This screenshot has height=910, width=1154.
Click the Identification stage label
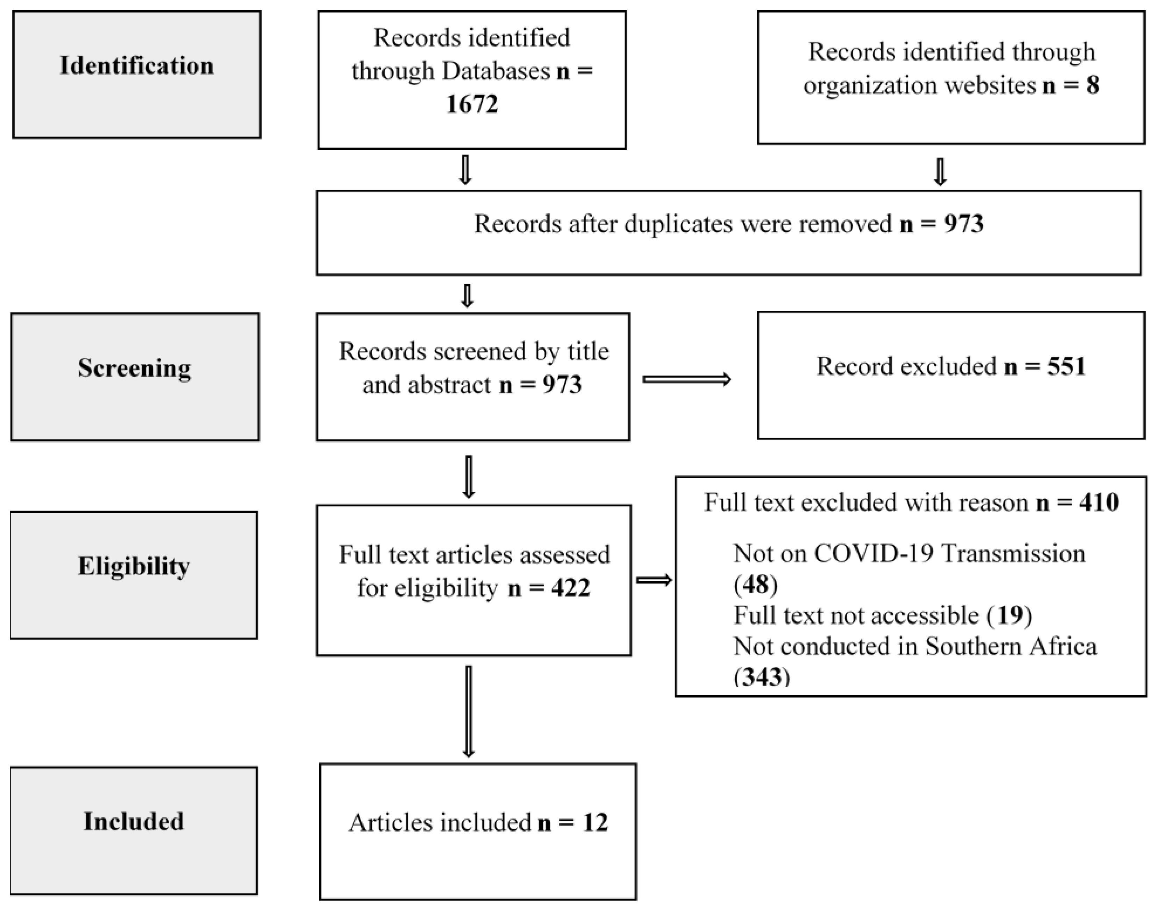[136, 65]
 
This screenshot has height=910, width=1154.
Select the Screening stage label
[134, 368]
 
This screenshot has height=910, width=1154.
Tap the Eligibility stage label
[134, 566]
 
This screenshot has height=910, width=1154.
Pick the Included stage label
[134, 821]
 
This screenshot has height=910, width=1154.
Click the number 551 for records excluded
[1066, 367]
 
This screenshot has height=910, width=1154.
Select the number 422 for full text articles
[571, 588]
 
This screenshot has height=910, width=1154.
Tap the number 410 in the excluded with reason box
[1099, 503]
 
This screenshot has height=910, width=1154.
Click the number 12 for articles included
[595, 823]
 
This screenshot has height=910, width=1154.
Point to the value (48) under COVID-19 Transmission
[755, 585]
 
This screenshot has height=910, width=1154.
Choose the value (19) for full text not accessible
[1009, 616]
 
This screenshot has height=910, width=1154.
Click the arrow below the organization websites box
[940, 172]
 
